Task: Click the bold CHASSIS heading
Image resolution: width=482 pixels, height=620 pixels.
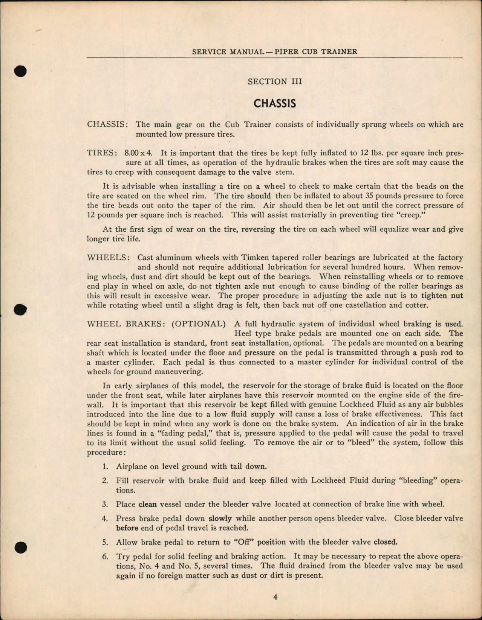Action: [275, 104]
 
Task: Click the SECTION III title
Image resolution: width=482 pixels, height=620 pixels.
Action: [275, 82]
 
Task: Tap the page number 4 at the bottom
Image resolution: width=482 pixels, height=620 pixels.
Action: [275, 597]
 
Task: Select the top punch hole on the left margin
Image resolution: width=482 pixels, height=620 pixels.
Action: [21, 71]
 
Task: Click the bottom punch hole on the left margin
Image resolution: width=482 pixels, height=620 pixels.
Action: [21, 547]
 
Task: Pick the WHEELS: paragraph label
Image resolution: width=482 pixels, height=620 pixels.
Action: [109, 258]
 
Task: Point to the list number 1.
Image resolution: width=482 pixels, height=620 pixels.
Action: [105, 466]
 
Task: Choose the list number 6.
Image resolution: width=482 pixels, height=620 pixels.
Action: [105, 557]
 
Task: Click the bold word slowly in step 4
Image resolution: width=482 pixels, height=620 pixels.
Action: [220, 518]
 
